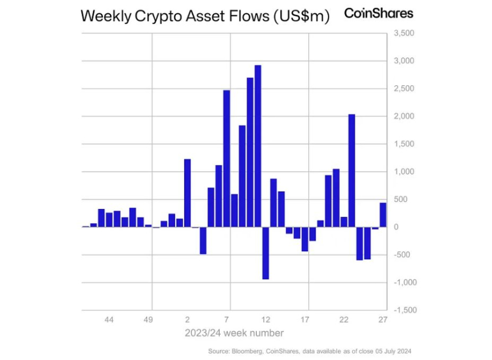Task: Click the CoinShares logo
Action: [378, 13]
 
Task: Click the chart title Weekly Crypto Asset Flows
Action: [205, 16]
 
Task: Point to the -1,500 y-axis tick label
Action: [402, 310]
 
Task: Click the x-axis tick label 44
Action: [109, 319]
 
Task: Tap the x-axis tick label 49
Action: [148, 319]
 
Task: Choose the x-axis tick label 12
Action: [265, 319]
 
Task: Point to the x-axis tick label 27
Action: [383, 319]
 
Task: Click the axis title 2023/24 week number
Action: [234, 333]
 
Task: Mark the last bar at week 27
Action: [383, 215]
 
